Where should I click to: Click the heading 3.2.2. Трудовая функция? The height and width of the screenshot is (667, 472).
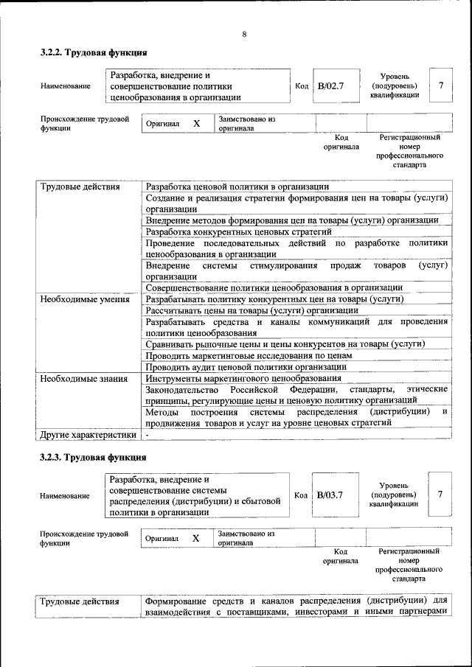click(94, 53)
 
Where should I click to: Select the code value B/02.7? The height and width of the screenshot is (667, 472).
click(330, 86)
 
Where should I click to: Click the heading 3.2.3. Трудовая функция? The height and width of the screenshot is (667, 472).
click(94, 457)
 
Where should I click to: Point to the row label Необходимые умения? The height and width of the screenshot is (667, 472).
click(85, 299)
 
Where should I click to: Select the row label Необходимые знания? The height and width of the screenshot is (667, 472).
click(85, 378)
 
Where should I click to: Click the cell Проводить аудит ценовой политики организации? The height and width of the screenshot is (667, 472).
click(246, 366)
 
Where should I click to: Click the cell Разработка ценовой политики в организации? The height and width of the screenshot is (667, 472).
click(237, 186)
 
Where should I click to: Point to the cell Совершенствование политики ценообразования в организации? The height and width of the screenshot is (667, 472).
click(274, 287)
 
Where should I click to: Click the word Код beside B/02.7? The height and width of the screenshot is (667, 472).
click(301, 87)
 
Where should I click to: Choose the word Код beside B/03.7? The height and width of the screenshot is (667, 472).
click(300, 495)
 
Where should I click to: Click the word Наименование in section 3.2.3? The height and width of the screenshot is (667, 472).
click(66, 496)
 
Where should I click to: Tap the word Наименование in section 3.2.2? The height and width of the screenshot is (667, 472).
click(66, 87)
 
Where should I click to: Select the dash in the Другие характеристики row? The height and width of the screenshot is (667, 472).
click(147, 435)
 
